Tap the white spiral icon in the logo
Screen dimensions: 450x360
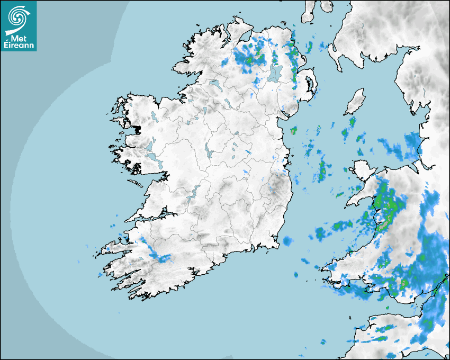(x=18, y=17)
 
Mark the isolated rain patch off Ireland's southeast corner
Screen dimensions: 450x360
(x=287, y=241)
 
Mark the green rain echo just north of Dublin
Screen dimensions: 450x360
(x=293, y=130)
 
